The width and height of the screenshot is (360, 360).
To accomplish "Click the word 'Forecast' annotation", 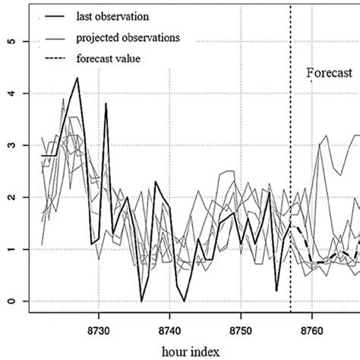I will point(330,73).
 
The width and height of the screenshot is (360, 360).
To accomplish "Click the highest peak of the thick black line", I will point(77,78).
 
